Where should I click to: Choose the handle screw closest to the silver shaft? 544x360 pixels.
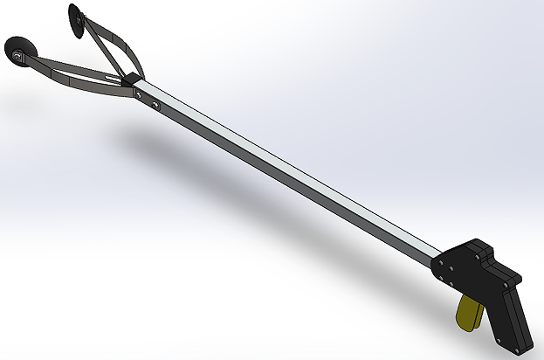443,262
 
